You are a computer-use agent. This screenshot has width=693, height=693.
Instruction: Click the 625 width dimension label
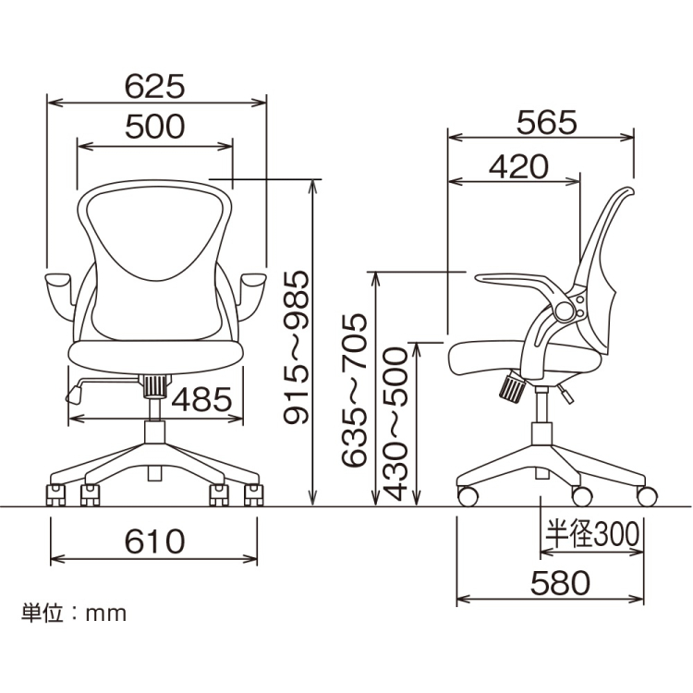tap(156, 86)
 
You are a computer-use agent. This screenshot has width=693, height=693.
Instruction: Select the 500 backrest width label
tap(155, 126)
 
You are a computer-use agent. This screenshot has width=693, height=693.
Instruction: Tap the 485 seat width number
tap(201, 400)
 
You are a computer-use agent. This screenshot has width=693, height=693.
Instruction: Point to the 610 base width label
tap(154, 541)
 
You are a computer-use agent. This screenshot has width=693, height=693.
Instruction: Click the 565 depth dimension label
tap(546, 121)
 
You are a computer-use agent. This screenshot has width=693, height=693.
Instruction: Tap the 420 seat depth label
tap(517, 166)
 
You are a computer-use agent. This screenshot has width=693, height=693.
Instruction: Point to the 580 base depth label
tap(559, 582)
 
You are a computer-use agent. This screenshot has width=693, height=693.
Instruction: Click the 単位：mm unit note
tap(74, 613)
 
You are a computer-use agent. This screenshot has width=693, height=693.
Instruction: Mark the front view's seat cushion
tap(155, 353)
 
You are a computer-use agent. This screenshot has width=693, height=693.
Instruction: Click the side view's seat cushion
tap(499, 356)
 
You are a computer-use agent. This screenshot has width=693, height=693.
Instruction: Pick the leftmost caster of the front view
tap(56, 496)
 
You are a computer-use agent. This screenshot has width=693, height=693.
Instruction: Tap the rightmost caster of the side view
tap(647, 495)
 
